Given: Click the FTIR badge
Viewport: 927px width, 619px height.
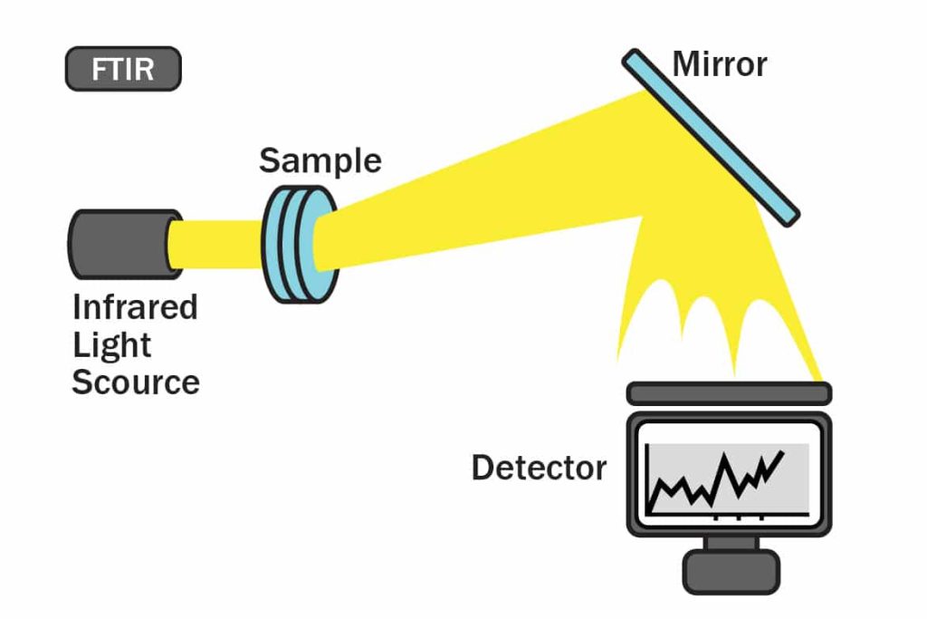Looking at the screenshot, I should coord(123,69).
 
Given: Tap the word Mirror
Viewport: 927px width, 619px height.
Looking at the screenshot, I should coord(720,64).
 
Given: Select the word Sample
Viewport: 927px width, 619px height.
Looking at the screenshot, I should coord(320,160).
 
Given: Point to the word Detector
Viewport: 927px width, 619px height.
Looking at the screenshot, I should coord(539,468).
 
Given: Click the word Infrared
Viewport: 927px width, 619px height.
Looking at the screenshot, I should coord(135,307).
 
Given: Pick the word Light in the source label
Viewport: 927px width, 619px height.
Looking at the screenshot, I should coord(111,344).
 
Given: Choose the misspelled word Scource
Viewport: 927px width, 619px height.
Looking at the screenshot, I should coord(135,382).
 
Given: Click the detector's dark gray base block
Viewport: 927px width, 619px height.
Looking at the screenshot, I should coord(730,571).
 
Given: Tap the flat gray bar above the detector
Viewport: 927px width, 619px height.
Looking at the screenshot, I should coord(729,392).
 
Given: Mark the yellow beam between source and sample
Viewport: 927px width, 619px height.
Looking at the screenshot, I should coord(217,245).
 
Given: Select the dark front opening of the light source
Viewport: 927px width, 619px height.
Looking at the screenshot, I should coord(173,245).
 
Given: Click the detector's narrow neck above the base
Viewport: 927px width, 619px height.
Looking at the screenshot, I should coord(729,542).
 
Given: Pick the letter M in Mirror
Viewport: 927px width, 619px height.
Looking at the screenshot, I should coord(685,64).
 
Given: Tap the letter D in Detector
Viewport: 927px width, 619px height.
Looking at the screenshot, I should coord(482,468).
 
